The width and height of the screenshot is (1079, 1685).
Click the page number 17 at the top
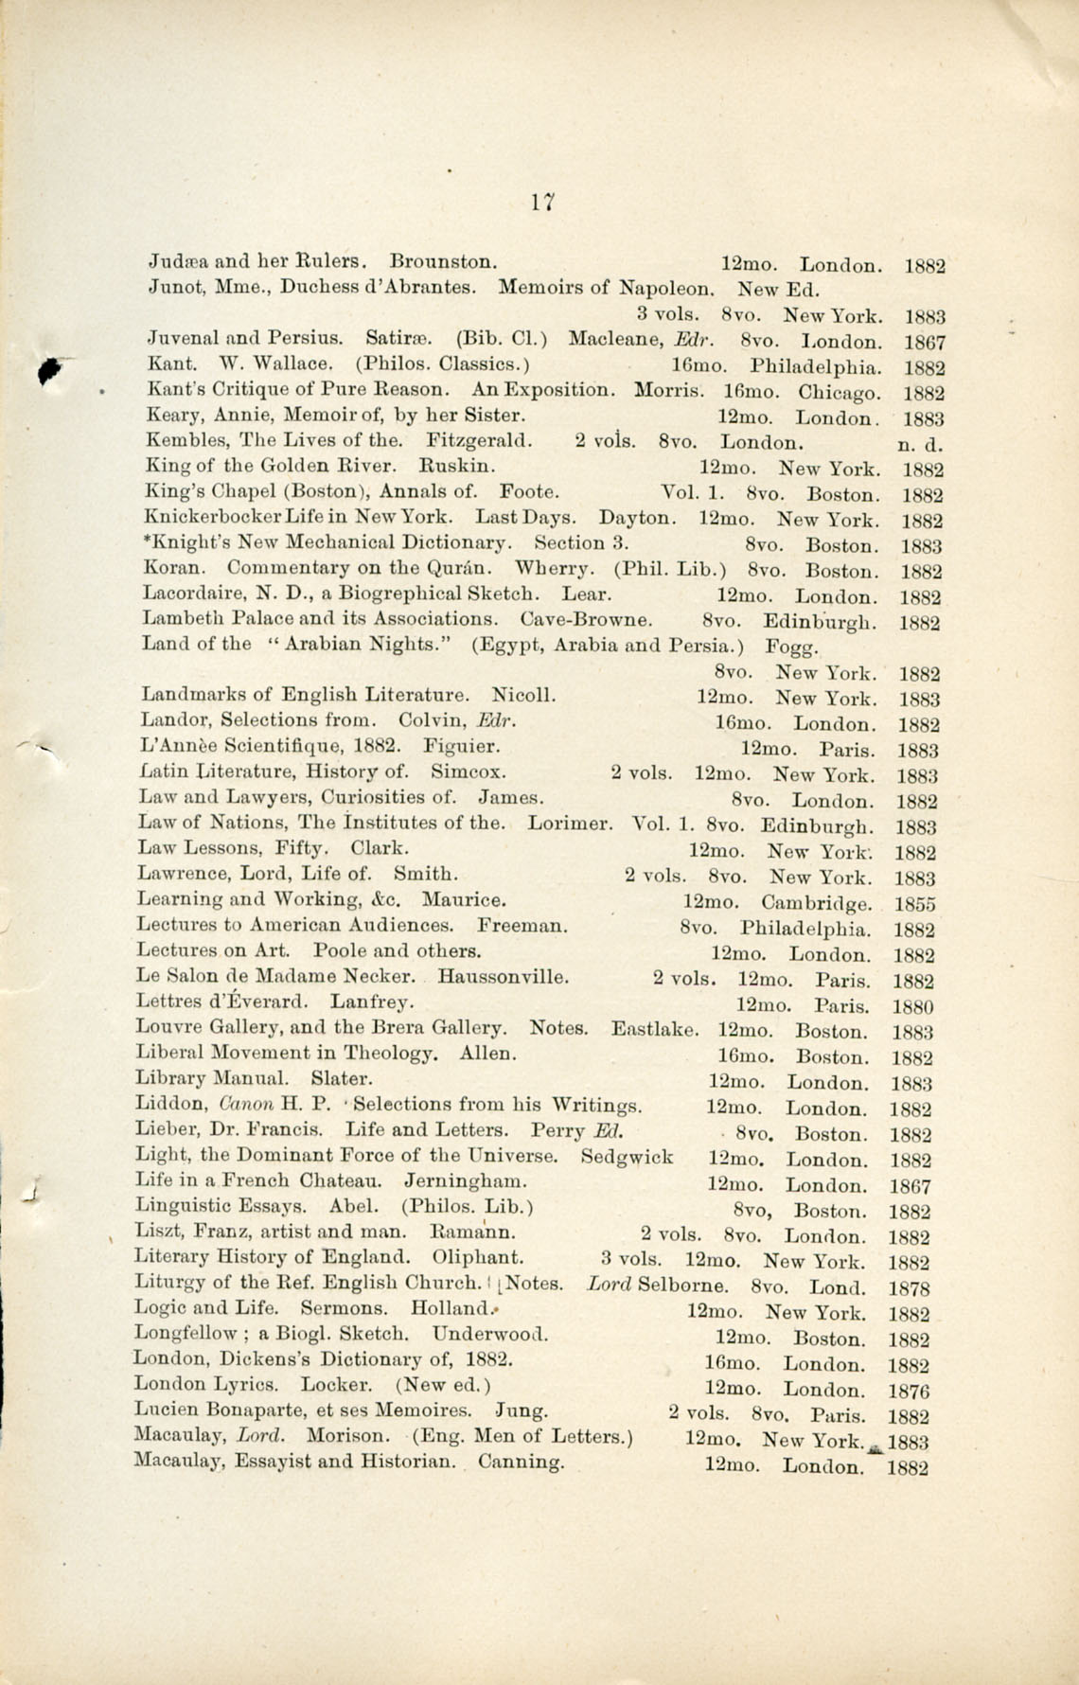click(x=541, y=202)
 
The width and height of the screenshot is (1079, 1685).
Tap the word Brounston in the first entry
click(x=444, y=260)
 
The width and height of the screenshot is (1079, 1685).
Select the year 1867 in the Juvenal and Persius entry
click(x=925, y=343)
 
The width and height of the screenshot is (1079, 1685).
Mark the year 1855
click(x=914, y=904)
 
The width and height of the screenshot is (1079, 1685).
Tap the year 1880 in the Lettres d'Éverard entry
click(x=913, y=1007)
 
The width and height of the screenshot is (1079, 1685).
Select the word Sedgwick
click(x=627, y=1156)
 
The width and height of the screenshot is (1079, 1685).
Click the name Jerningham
click(x=466, y=1181)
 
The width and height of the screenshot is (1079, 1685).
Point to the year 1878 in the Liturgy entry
click(x=911, y=1288)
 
